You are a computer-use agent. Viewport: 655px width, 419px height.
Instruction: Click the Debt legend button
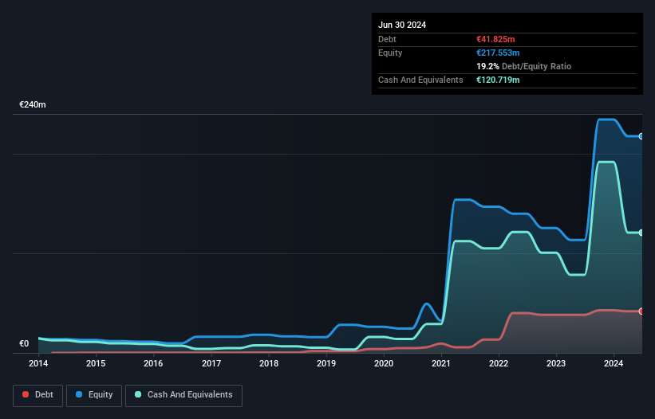click(39, 395)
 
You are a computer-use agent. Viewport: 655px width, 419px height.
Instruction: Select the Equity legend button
click(95, 395)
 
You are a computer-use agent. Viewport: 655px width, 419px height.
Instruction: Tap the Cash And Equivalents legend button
click(183, 395)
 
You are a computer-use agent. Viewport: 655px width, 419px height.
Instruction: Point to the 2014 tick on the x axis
click(38, 364)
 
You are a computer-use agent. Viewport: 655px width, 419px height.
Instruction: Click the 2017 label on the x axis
click(211, 364)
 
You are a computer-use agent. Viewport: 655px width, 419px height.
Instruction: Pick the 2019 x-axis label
click(326, 364)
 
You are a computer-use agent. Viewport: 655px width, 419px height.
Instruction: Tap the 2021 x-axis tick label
click(441, 364)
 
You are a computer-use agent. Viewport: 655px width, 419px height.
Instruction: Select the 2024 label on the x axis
click(614, 364)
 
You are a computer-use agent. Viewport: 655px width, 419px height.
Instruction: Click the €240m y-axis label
click(33, 105)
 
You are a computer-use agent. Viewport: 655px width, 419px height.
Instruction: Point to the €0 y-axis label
click(24, 344)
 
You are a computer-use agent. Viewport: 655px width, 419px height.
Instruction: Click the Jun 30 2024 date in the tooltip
click(402, 25)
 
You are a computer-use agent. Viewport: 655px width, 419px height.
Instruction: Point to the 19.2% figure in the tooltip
click(487, 66)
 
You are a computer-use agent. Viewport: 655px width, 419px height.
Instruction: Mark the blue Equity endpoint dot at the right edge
click(641, 136)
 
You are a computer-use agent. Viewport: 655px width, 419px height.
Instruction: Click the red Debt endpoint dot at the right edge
click(641, 311)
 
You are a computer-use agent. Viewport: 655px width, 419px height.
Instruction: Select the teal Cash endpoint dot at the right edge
click(641, 233)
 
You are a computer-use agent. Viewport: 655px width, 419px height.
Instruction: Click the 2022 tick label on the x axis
click(499, 364)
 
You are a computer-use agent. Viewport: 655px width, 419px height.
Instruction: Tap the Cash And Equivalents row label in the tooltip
click(420, 80)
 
